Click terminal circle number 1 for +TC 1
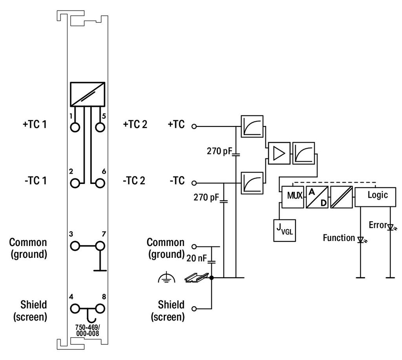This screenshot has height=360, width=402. pos(75,127)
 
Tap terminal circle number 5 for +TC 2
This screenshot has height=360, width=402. pos(100,127)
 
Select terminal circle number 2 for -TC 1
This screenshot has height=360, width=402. pos(75,183)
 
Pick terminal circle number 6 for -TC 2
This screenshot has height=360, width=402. pos(100,183)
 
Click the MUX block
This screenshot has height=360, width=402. pos(292,195)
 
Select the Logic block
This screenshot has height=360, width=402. pos(377,195)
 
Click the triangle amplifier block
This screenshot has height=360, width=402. pos(278,152)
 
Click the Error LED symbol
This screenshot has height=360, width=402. pos(390,227)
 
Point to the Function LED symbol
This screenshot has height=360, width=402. pos(360,239)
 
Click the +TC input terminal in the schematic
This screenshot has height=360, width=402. pos(194,127)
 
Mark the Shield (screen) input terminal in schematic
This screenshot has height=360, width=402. pos(194,309)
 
